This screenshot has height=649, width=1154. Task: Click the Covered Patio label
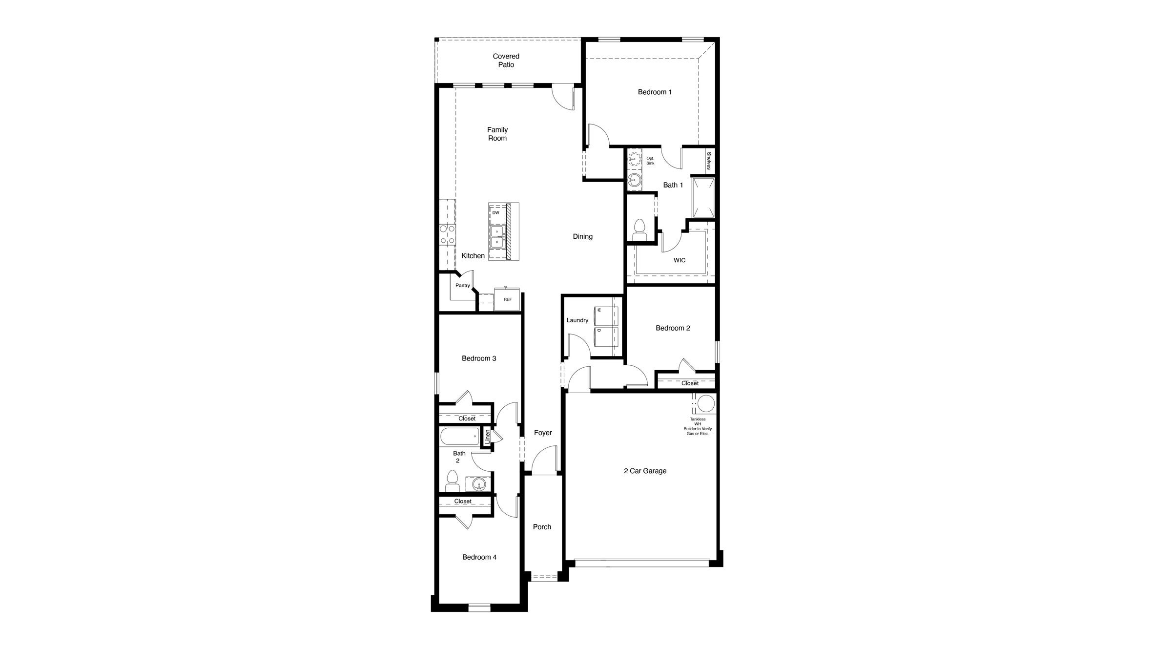point(506,61)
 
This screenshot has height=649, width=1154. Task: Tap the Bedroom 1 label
point(655,92)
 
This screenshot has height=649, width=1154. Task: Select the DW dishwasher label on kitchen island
point(495,213)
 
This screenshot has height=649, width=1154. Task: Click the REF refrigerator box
point(507,299)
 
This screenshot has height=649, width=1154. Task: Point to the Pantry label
point(462,286)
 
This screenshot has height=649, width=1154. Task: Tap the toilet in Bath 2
point(453,481)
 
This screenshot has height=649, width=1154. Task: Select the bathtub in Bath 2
point(459,436)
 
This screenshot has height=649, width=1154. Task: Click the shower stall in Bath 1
point(703,198)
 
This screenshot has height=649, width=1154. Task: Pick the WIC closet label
point(679,260)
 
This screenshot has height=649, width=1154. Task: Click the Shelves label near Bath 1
point(709,161)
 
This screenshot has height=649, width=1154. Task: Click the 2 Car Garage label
point(645,471)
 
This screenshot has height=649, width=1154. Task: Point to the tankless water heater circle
point(705,404)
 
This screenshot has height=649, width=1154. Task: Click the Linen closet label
point(487,436)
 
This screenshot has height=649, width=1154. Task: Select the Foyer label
point(543,433)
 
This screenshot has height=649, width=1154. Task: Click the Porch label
point(542,527)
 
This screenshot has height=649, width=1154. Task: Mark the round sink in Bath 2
point(479,484)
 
